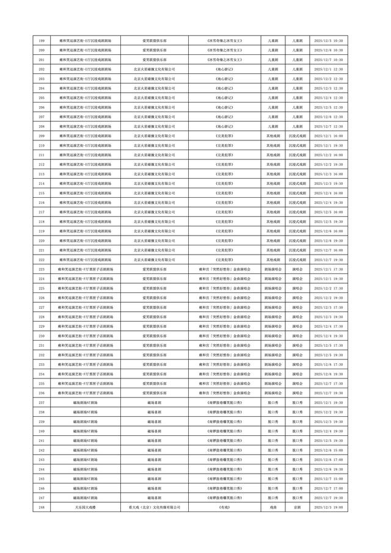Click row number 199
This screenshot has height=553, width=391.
[x=41, y=40]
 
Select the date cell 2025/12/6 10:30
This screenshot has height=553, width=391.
[x=327, y=50]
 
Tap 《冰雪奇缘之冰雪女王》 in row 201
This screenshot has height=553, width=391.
[x=224, y=60]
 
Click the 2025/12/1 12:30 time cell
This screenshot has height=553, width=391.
[x=327, y=69]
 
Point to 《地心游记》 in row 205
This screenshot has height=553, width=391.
[x=224, y=98]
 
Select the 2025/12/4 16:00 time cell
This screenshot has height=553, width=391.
[x=327, y=193]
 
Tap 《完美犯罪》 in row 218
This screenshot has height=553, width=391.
[x=224, y=222]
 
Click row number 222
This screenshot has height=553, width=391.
[x=41, y=259]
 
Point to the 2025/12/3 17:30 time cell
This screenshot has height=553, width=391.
[x=327, y=307]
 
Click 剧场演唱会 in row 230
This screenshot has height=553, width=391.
[x=272, y=336]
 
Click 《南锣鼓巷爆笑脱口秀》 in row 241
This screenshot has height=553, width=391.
[x=224, y=440]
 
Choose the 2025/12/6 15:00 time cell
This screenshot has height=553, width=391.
[x=327, y=450]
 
